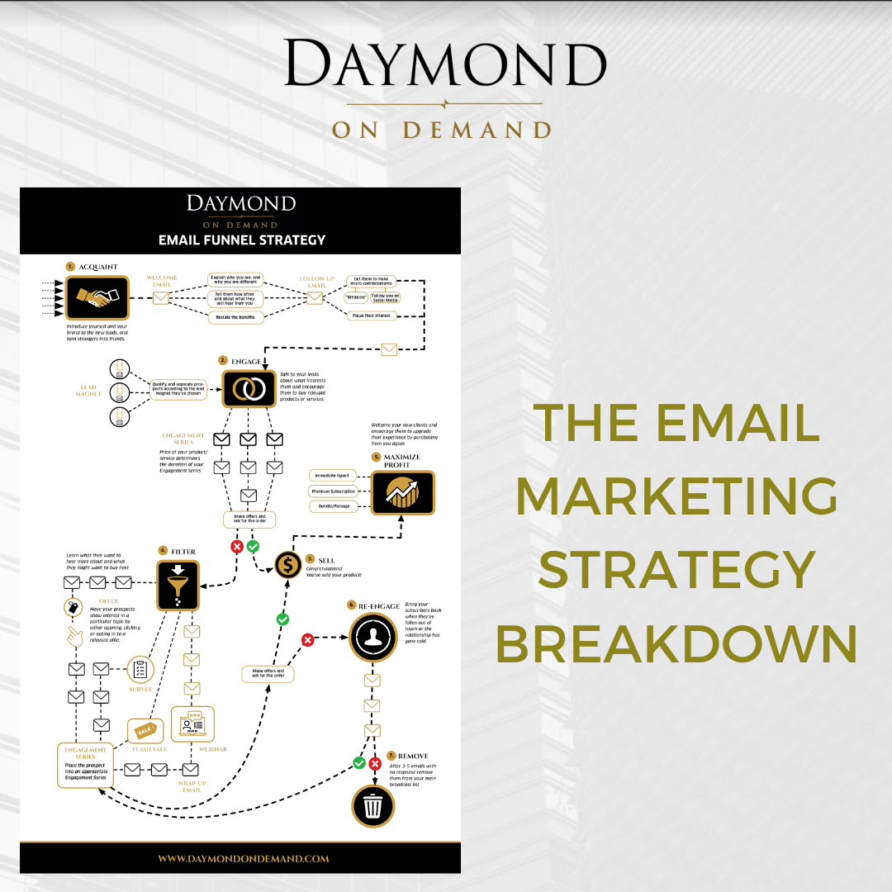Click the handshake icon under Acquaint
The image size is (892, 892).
tap(97, 298)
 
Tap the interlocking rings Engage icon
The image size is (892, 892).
tap(249, 388)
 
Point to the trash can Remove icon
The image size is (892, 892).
tap(372, 804)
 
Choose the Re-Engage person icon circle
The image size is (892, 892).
tap(372, 637)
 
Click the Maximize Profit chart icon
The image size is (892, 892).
tap(402, 493)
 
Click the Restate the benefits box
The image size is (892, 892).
tap(235, 317)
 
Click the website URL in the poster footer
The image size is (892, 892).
tap(243, 858)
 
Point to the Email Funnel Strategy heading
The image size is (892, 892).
tap(242, 240)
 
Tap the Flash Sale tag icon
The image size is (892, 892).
tap(145, 730)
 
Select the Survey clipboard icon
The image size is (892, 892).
tap(140, 668)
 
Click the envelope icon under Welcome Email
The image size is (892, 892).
tap(161, 298)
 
